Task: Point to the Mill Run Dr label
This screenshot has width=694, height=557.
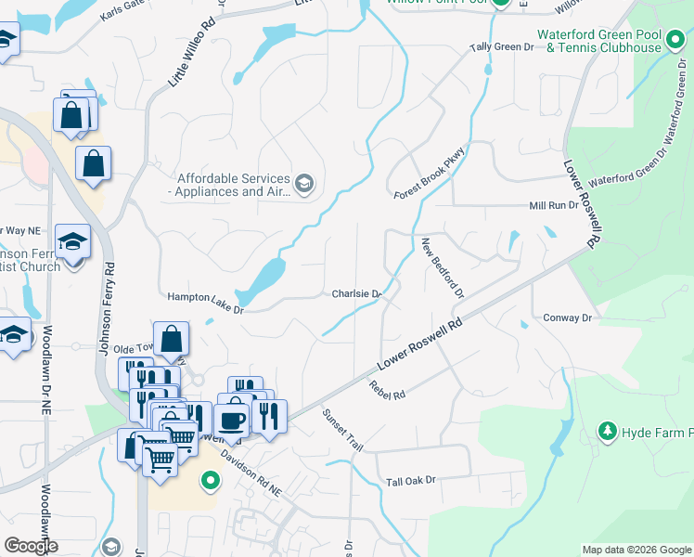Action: tap(554, 205)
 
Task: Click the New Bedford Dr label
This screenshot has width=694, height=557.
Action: tap(442, 267)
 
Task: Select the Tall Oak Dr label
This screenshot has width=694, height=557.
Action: tap(411, 481)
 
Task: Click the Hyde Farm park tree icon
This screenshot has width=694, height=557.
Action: tap(608, 432)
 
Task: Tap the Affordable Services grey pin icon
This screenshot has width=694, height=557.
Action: tap(304, 184)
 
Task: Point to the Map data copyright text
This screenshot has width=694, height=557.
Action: tap(636, 550)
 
